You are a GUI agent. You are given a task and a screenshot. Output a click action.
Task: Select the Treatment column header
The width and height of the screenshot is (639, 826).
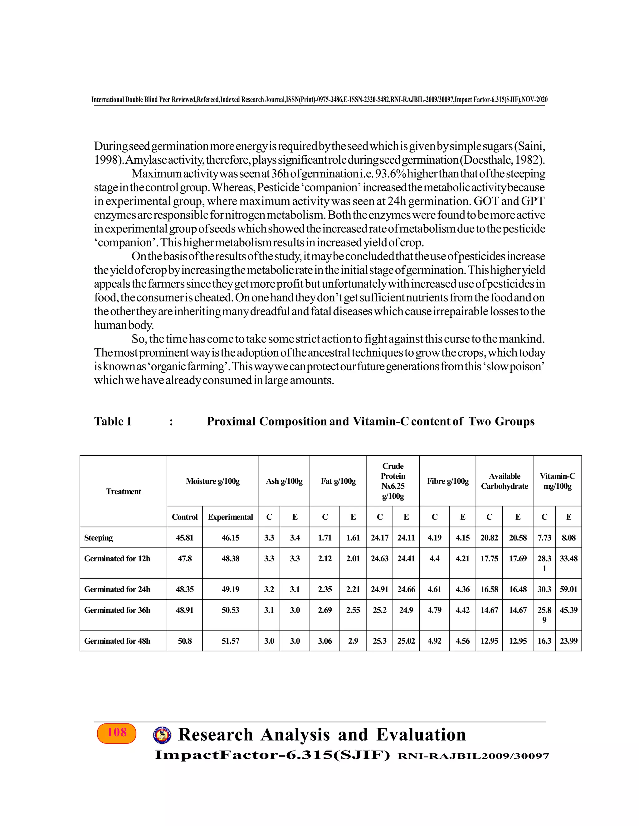124,491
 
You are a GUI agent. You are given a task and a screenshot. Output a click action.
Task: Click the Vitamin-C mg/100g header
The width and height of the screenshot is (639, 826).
557,481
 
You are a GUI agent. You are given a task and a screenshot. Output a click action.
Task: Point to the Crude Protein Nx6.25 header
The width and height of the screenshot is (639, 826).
393,481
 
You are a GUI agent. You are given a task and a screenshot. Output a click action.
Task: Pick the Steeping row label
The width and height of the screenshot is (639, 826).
98,537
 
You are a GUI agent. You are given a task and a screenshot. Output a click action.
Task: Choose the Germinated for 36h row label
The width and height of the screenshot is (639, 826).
117,610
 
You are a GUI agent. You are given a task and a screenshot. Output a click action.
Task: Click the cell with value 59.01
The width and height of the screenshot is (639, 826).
568,589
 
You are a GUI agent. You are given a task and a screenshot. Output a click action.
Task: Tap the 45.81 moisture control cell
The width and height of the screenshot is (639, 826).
185,537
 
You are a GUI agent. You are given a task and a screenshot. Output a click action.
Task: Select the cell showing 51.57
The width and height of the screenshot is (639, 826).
230,641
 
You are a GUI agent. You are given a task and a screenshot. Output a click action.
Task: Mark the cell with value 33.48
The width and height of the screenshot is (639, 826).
568,558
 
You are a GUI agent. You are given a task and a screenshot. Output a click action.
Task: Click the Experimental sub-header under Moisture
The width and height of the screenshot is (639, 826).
230,516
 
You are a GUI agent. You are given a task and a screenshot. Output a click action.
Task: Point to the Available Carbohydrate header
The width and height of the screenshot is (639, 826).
504,481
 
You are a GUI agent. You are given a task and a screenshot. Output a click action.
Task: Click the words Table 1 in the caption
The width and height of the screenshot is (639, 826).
113,421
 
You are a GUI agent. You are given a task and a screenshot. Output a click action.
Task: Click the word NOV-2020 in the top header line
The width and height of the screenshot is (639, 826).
534,99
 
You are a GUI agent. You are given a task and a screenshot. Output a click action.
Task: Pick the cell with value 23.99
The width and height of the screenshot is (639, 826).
568,641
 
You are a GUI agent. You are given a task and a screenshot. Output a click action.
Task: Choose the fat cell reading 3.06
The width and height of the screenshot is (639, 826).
325,641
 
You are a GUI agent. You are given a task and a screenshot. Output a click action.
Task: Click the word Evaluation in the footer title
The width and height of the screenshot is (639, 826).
421,734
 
